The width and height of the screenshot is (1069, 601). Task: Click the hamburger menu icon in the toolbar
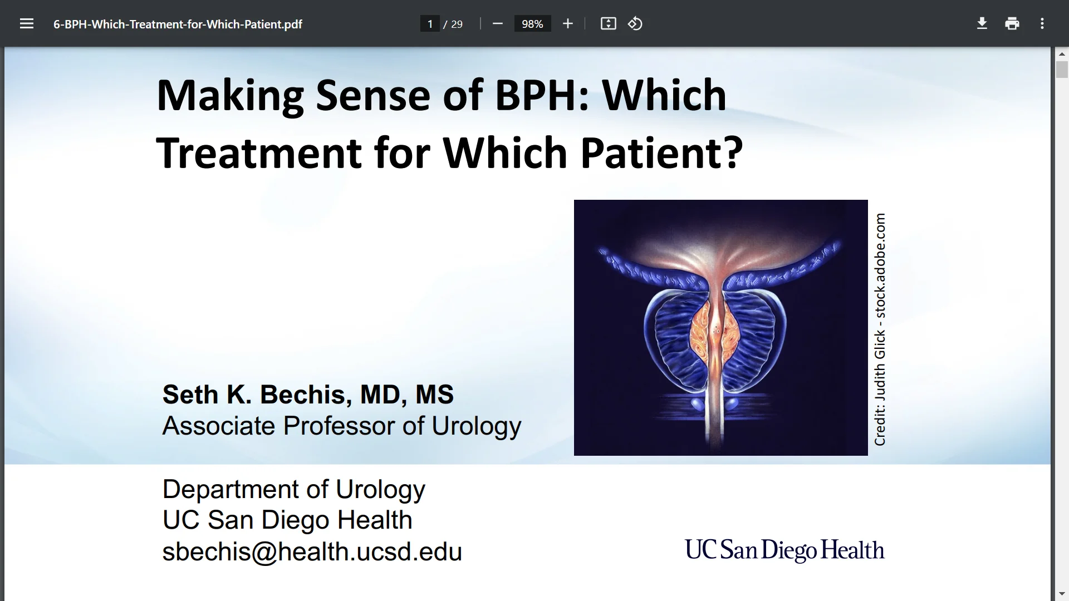coord(27,24)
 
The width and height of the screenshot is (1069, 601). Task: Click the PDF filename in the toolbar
coord(178,24)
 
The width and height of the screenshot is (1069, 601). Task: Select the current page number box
coord(430,24)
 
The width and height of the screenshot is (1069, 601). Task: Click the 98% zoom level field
coord(532,24)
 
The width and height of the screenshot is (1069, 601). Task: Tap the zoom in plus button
coord(567,24)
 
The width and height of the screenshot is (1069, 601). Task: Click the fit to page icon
coord(608,24)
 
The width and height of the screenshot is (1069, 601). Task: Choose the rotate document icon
coord(635,24)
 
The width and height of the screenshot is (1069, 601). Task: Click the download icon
coord(982,24)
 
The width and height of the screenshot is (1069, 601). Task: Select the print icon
coord(1012,24)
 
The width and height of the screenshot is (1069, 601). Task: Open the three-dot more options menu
coord(1042,24)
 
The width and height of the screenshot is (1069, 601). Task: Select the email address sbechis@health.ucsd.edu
coord(312,552)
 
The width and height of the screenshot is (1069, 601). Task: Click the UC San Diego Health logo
coord(784,550)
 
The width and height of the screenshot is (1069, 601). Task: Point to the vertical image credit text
coord(880,329)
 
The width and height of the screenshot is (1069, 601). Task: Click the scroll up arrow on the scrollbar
coord(1061,55)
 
